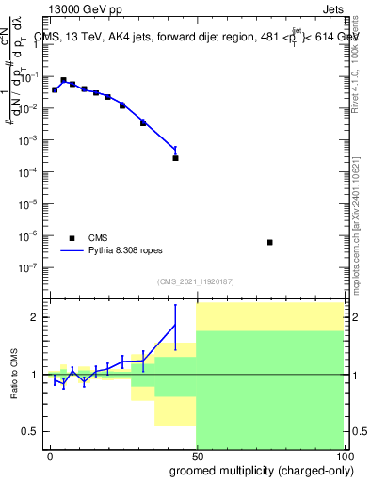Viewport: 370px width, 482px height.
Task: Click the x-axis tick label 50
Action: point(197,454)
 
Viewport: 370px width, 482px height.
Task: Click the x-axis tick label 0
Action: point(50,454)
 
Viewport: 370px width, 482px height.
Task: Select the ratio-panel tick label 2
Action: point(36,317)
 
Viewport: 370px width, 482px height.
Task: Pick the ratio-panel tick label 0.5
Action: point(32,431)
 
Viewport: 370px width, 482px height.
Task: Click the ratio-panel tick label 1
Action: point(36,375)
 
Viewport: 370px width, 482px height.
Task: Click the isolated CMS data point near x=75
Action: point(270,242)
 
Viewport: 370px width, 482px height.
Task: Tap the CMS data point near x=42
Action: point(175,157)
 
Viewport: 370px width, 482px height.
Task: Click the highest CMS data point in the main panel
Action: point(63,80)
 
